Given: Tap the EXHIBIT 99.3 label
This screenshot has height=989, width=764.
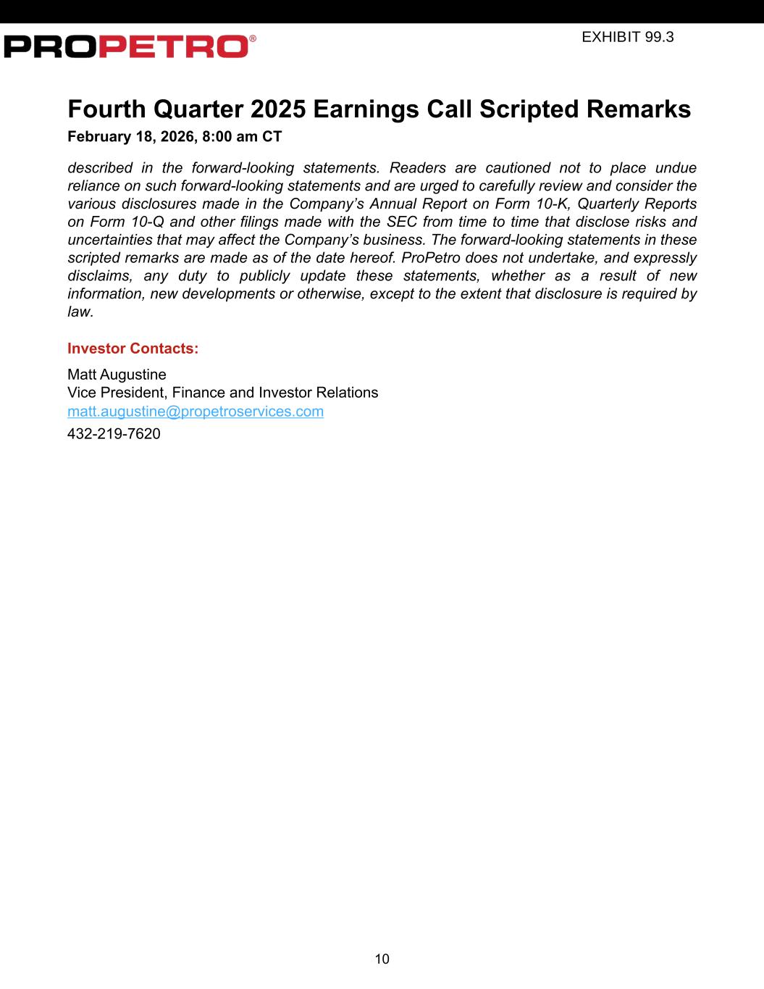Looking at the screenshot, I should coord(627,37).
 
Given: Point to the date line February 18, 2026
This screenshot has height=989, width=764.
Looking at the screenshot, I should coord(174,136).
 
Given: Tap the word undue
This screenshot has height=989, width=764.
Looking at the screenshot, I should coord(676,168).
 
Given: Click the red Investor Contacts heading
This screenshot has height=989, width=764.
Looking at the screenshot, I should coord(133,349).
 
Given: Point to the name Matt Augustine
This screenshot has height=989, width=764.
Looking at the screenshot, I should coord(117,375).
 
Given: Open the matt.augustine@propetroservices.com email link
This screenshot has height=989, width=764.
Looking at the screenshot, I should coord(196,412).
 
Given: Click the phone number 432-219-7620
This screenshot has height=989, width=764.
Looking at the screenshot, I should coord(114,434).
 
